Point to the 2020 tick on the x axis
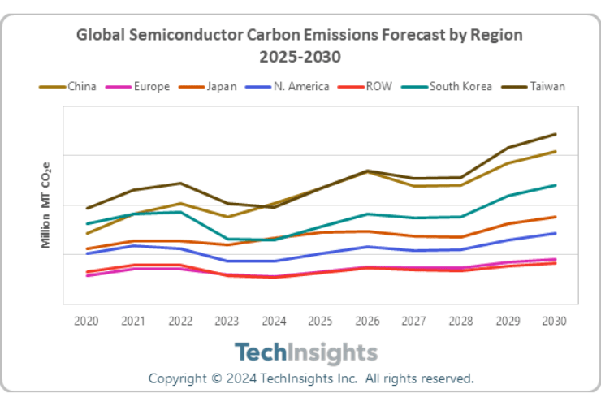pyautogui.click(x=86, y=321)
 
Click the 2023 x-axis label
pyautogui.click(x=227, y=321)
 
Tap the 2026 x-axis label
pyautogui.click(x=367, y=321)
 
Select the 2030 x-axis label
pyautogui.click(x=554, y=321)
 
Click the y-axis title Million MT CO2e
pyautogui.click(x=46, y=205)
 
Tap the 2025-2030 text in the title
pyautogui.click(x=300, y=57)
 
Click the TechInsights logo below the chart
pyautogui.click(x=306, y=353)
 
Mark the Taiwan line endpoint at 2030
pyautogui.click(x=555, y=134)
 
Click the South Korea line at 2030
pyautogui.click(x=555, y=185)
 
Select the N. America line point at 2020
pyautogui.click(x=86, y=253)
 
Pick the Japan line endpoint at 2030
pyautogui.click(x=555, y=217)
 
